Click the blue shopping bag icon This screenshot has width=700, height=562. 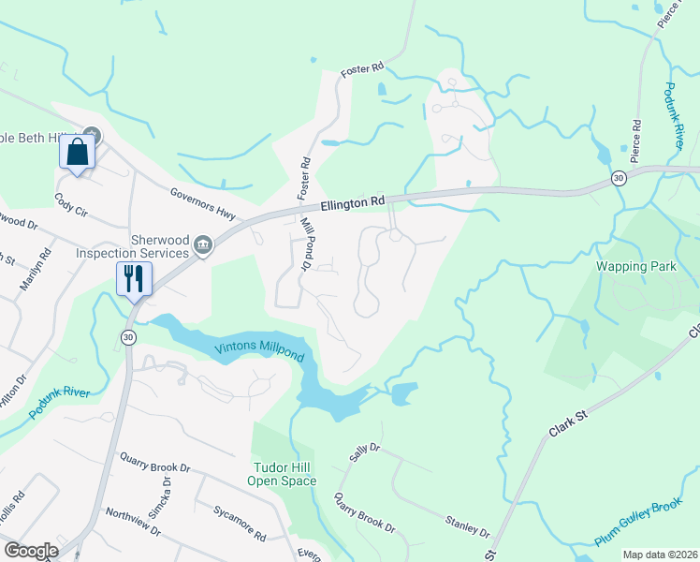(x=77, y=152)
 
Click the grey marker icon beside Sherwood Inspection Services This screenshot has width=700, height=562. (x=204, y=247)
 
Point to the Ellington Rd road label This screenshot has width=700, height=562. (x=353, y=201)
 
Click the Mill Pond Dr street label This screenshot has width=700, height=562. (x=306, y=244)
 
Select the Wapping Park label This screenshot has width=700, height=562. (x=636, y=267)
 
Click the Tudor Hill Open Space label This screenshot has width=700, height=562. (x=282, y=474)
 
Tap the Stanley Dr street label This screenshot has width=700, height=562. (x=468, y=526)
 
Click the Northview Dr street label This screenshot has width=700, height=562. (x=132, y=522)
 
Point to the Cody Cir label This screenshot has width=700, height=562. (x=70, y=200)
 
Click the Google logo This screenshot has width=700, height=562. (x=31, y=550)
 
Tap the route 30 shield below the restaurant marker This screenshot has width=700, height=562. (x=128, y=337)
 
